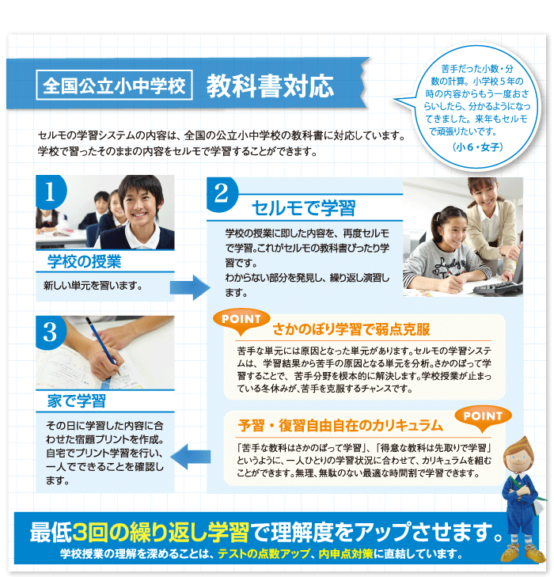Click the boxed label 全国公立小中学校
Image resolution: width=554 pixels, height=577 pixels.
(115, 85)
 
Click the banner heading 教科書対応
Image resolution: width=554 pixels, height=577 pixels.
(270, 85)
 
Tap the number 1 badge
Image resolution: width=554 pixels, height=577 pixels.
(50, 192)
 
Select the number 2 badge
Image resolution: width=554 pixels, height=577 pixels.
(221, 194)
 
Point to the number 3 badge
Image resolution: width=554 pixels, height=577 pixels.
(50, 332)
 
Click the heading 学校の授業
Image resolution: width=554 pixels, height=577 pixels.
(84, 262)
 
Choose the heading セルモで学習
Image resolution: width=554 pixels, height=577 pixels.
(304, 208)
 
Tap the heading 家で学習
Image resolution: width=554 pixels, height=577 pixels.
(77, 400)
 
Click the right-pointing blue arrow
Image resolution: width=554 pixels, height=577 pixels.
(190, 287)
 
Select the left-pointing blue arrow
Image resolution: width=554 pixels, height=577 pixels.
(191, 457)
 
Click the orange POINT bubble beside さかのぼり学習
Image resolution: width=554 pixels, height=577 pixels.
(241, 321)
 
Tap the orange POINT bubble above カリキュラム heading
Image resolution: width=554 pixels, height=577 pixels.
(483, 418)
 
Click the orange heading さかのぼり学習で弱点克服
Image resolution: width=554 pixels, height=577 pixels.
(351, 329)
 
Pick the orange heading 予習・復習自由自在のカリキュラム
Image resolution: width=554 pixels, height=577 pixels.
(340, 425)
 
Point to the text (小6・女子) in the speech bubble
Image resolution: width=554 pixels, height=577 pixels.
(477, 147)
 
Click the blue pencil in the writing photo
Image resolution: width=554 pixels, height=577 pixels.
(104, 347)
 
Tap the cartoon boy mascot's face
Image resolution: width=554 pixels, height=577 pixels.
(519, 459)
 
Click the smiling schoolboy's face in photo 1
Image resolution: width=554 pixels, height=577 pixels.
(141, 205)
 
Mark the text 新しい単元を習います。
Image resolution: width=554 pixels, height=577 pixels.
(93, 286)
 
